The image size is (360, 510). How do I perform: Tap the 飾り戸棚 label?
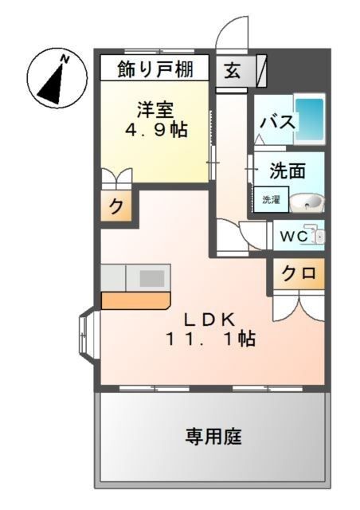(155, 68)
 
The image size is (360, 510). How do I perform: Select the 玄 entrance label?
(232, 69)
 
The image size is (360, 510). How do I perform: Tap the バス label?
(276, 124)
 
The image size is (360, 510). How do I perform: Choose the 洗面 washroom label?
(287, 171)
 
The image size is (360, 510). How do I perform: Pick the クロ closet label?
(298, 273)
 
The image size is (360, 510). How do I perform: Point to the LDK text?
(210, 319)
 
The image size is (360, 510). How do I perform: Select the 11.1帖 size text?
(210, 339)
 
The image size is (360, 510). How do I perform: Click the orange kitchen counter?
(135, 300)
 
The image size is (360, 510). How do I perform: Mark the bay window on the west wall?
(87, 335)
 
